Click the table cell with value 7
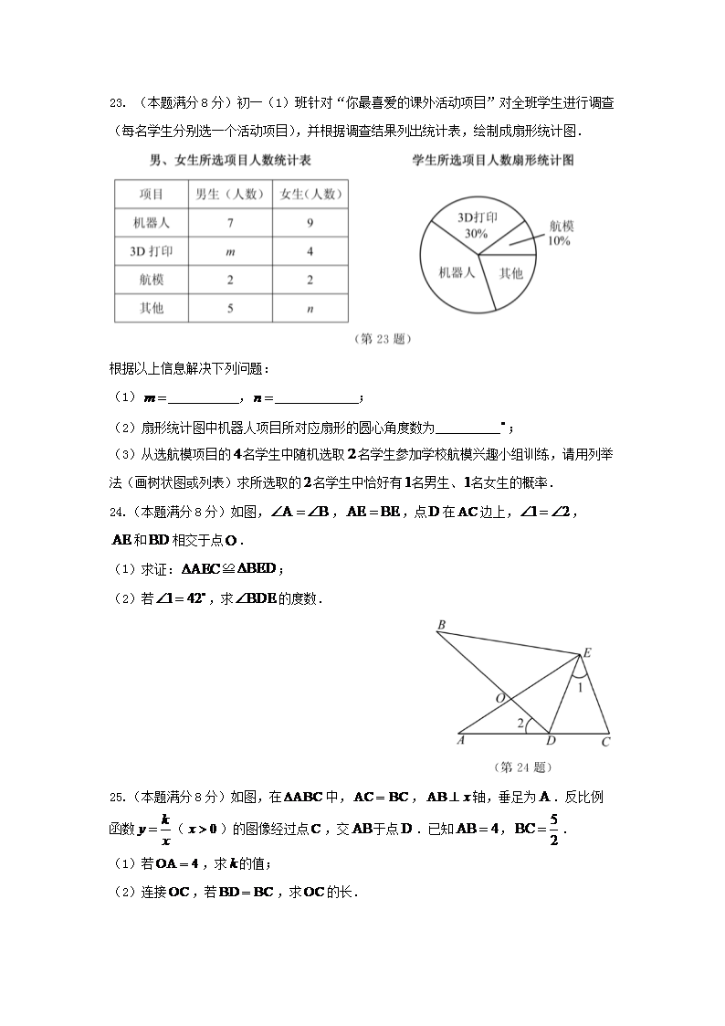pos(230,222)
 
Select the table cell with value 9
pos(310,222)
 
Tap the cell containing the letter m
pos(230,251)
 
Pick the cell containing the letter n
pos(310,309)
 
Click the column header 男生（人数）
pos(230,194)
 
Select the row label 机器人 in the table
pos(152,222)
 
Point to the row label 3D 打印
pos(152,251)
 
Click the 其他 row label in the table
pos(152,309)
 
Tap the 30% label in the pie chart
pos(476,234)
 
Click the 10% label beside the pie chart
pos(559,241)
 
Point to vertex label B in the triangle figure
pos(441,625)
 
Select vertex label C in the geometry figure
pos(605,743)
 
